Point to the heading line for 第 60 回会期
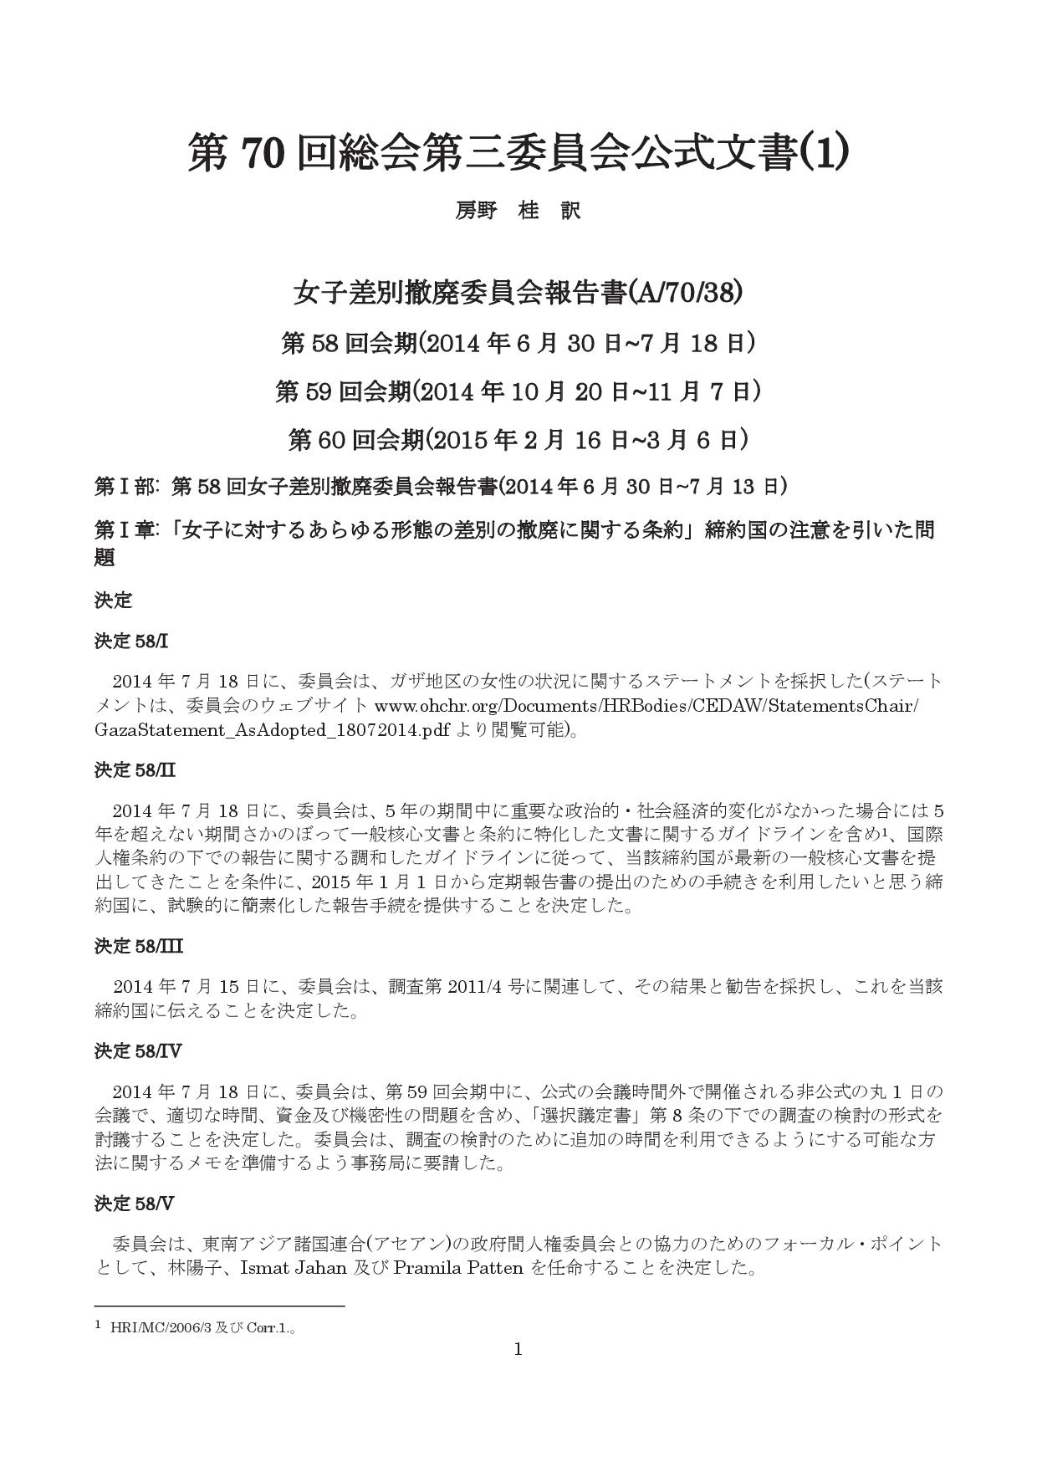pyautogui.click(x=518, y=439)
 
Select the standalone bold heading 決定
pyautogui.click(x=113, y=601)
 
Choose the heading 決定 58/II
pyautogui.click(x=135, y=769)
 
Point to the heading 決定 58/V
pyautogui.click(x=134, y=1204)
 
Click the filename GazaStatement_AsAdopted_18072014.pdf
pyautogui.click(x=272, y=729)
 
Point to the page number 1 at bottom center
pyautogui.click(x=518, y=1349)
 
